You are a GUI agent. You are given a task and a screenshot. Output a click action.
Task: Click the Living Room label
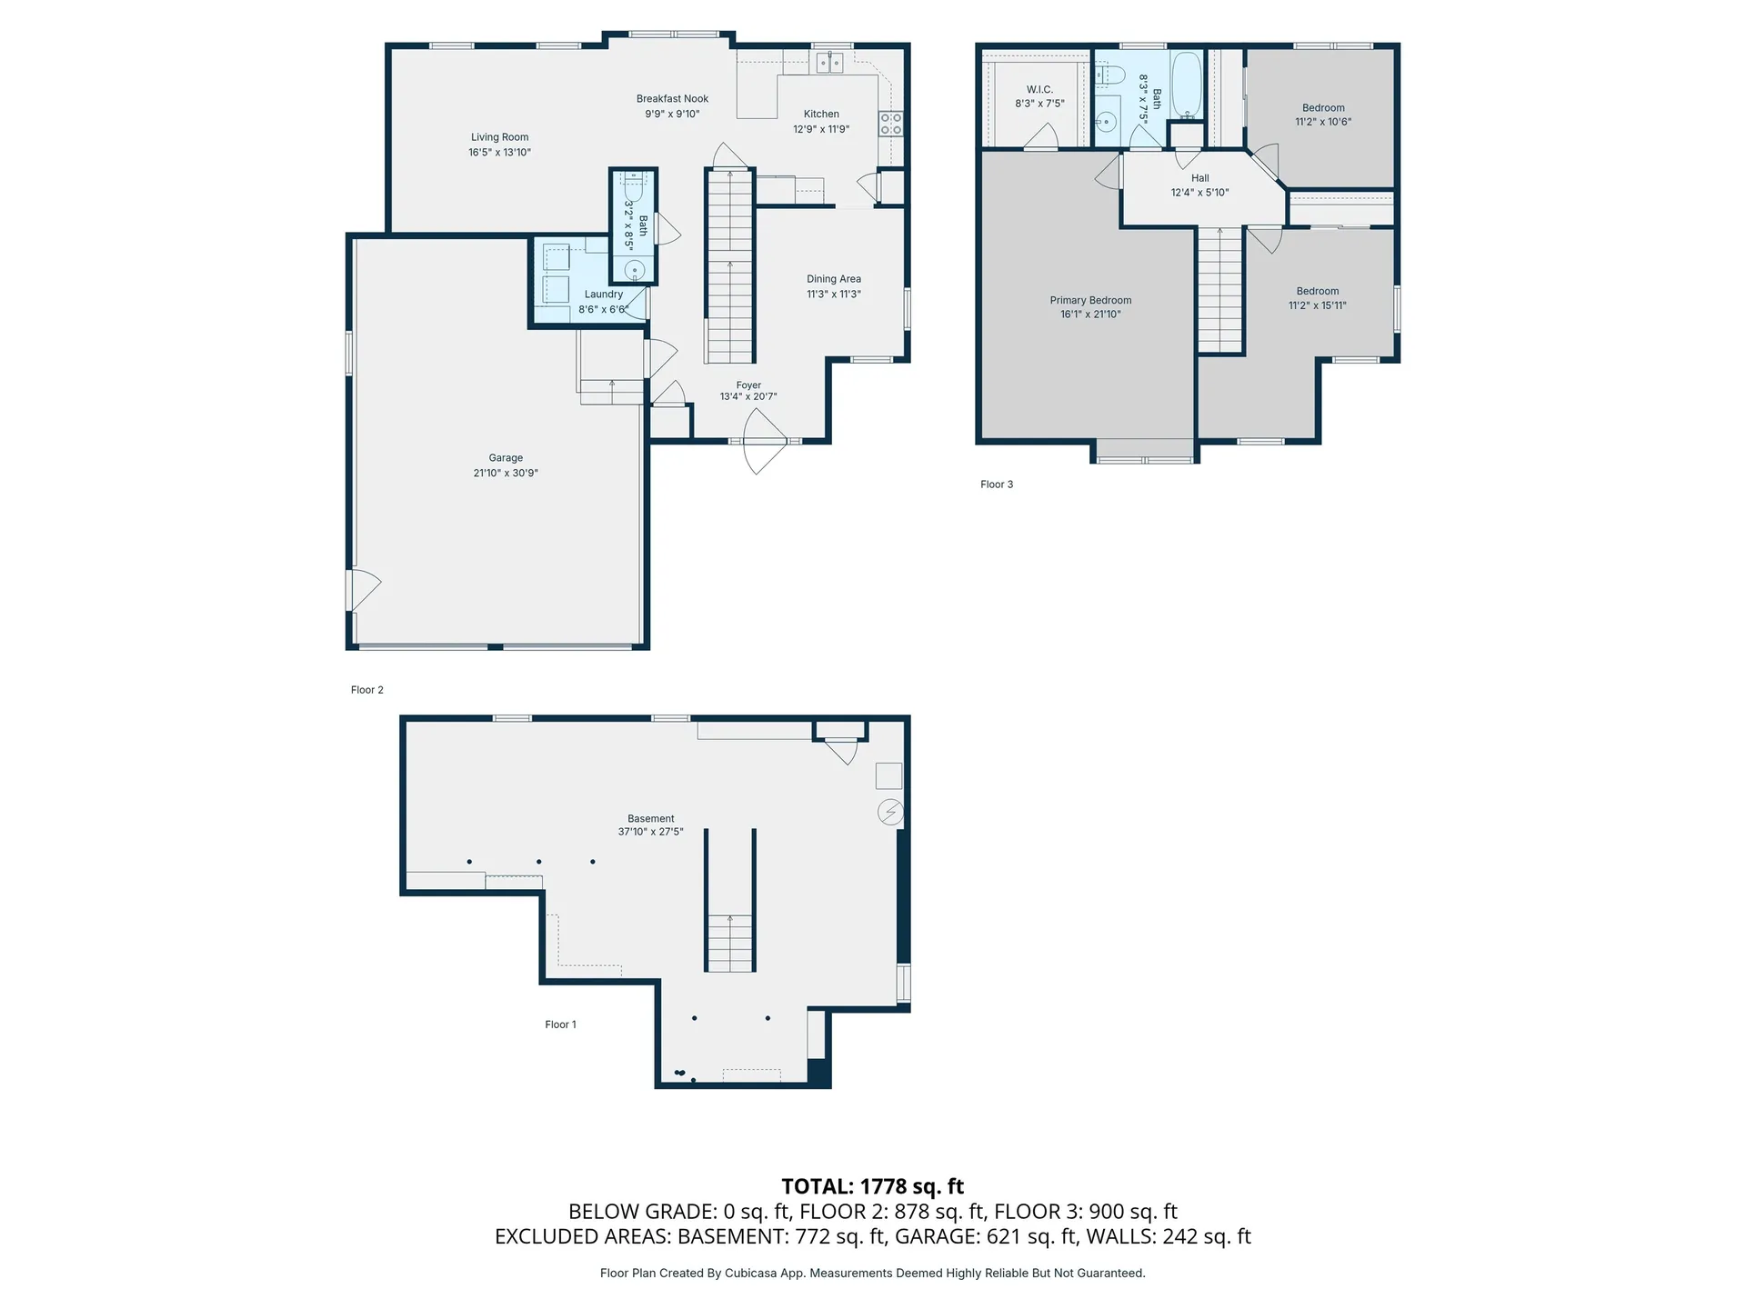(x=499, y=137)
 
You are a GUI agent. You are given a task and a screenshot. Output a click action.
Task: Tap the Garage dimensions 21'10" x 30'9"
(x=506, y=473)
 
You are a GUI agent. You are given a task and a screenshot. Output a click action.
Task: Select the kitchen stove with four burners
(x=890, y=124)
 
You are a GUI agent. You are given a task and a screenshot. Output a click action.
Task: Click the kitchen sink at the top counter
(x=829, y=63)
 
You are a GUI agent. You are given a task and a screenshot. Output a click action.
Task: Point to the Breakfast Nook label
(x=672, y=98)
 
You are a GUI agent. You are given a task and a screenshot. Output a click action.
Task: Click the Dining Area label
(x=833, y=279)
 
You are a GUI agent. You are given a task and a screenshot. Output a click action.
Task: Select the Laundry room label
(x=603, y=294)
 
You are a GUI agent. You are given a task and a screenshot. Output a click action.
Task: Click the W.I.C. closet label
(x=1039, y=89)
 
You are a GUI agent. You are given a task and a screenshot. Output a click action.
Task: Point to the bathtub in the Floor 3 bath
(x=1187, y=85)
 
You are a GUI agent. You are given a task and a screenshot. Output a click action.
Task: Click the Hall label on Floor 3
(x=1199, y=178)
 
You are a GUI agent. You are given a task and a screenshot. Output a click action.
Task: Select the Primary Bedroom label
(x=1090, y=300)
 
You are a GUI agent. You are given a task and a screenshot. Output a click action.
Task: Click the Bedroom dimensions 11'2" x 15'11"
(x=1317, y=305)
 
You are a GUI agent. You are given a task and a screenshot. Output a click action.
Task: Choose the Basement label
(x=650, y=818)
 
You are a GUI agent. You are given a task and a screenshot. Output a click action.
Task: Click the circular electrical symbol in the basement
(x=890, y=812)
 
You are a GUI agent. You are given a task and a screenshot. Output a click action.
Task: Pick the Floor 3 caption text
(x=996, y=485)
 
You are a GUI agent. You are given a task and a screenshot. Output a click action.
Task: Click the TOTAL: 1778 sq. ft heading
(x=872, y=1186)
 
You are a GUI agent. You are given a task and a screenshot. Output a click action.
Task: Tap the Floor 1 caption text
(x=560, y=1024)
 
